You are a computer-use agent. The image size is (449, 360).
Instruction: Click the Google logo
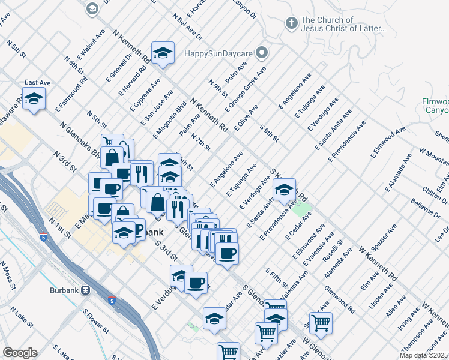point(20,353)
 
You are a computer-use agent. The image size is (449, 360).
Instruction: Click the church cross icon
point(291,23)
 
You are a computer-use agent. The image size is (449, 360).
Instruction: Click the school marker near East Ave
point(34,99)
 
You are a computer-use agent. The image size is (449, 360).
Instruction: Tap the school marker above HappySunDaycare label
point(163,53)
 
